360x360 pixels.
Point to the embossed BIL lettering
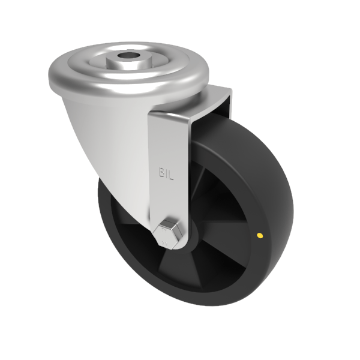(166, 172)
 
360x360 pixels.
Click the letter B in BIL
(161, 172)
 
